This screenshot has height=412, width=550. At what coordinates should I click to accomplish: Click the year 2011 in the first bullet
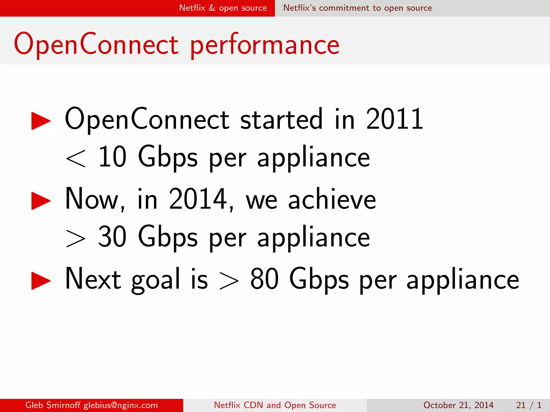pyautogui.click(x=395, y=119)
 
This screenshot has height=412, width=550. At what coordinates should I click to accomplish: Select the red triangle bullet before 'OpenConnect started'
pyautogui.click(x=41, y=121)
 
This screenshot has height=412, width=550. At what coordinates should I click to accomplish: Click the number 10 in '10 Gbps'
pyautogui.click(x=112, y=157)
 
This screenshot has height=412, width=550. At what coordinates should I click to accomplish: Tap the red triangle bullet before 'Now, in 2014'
pyautogui.click(x=41, y=201)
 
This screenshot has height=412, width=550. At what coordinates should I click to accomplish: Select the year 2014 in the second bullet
pyautogui.click(x=198, y=199)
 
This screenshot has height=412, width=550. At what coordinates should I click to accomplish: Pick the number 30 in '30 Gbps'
pyautogui.click(x=112, y=237)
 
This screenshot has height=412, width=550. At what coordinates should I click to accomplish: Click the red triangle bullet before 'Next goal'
pyautogui.click(x=41, y=281)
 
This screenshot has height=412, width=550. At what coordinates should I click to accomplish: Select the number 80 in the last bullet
pyautogui.click(x=264, y=279)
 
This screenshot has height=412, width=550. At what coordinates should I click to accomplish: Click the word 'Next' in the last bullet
pyautogui.click(x=93, y=279)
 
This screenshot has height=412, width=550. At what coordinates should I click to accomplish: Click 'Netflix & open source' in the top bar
pyautogui.click(x=223, y=8)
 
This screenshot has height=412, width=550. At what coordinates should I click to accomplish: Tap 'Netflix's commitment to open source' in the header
pyautogui.click(x=357, y=8)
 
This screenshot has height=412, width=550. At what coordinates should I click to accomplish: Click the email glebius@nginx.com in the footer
pyautogui.click(x=121, y=405)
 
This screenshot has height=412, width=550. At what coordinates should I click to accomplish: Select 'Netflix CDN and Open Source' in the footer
pyautogui.click(x=275, y=405)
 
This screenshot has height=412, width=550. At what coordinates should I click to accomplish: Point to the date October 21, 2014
pyautogui.click(x=458, y=405)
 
